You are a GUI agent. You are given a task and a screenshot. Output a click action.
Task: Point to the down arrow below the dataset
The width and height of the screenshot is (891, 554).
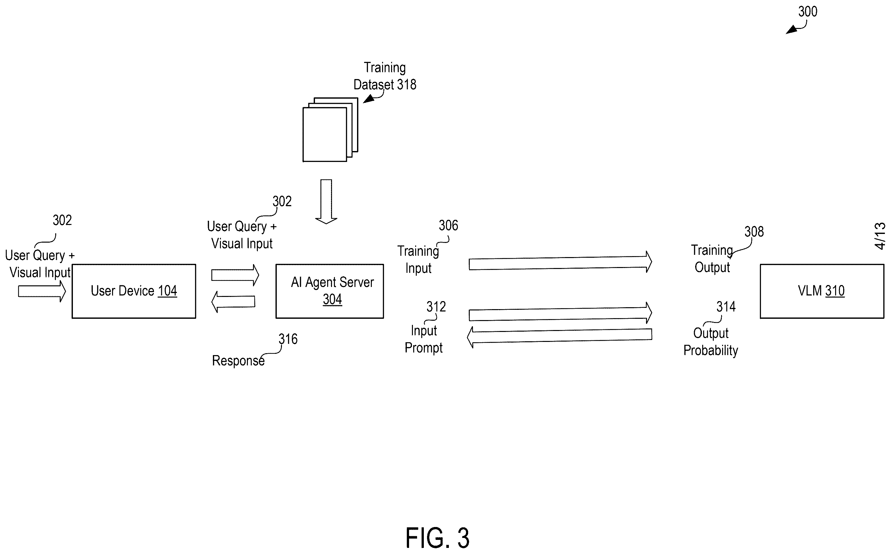click(x=326, y=201)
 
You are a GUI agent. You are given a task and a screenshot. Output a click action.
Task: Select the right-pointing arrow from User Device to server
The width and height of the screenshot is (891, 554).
click(x=235, y=275)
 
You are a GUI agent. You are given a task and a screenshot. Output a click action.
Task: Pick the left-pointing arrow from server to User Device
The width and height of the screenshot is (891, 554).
click(x=233, y=301)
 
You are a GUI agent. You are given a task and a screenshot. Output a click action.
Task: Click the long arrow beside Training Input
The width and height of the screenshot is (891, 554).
click(x=560, y=262)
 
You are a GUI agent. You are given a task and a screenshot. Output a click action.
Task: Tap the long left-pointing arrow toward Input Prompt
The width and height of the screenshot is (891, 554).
click(x=559, y=337)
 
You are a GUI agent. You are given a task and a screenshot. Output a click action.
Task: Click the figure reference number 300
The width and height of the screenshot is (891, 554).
click(x=808, y=12)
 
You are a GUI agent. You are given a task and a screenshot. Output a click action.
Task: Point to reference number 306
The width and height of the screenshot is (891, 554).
click(x=449, y=225)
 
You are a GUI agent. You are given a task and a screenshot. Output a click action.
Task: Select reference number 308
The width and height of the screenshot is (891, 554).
click(x=754, y=232)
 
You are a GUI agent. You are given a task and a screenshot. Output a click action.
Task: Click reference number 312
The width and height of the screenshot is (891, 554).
click(x=436, y=307)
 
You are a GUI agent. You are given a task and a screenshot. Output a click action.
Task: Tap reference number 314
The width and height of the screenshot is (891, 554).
click(x=726, y=307)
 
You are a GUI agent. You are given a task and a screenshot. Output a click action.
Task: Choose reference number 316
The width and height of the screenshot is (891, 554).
click(x=288, y=339)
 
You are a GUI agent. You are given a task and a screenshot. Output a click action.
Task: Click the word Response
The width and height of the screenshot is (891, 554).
click(x=238, y=361)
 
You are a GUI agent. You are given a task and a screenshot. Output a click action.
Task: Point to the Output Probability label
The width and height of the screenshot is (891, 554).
click(x=711, y=342)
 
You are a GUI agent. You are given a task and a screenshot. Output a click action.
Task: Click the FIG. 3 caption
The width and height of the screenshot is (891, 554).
click(x=437, y=538)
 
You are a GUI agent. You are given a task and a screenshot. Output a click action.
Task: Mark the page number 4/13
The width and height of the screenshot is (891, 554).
click(x=880, y=236)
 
